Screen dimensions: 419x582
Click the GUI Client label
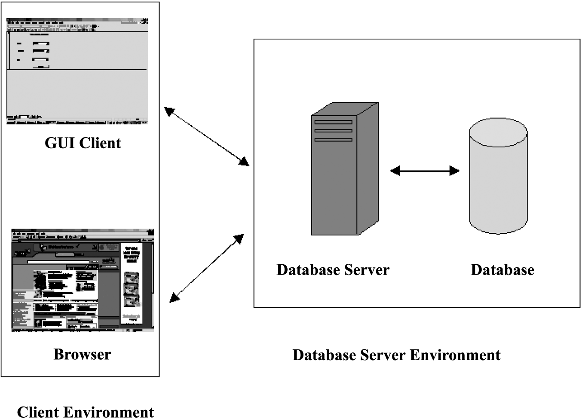click(83, 143)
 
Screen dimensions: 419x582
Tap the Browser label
click(82, 354)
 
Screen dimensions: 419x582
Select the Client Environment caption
click(85, 412)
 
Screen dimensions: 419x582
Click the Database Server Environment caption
click(396, 355)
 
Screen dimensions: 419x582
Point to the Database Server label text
click(333, 270)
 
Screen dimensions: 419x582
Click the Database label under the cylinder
click(502, 270)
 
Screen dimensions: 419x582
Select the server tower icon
click(344, 170)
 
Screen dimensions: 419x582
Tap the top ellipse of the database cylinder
click(498, 132)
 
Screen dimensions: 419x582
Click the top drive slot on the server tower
click(333, 122)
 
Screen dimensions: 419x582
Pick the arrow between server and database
click(425, 171)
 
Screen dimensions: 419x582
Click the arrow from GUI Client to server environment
click(207, 137)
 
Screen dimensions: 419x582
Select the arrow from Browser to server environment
click(207, 268)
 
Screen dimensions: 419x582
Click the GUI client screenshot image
click(77, 71)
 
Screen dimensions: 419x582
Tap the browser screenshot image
click(83, 280)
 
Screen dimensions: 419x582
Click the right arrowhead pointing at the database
click(454, 171)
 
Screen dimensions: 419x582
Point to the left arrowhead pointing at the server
click(395, 171)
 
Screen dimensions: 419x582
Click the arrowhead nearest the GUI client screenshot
click(169, 111)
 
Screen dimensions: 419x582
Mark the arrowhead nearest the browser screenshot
click(175, 297)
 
